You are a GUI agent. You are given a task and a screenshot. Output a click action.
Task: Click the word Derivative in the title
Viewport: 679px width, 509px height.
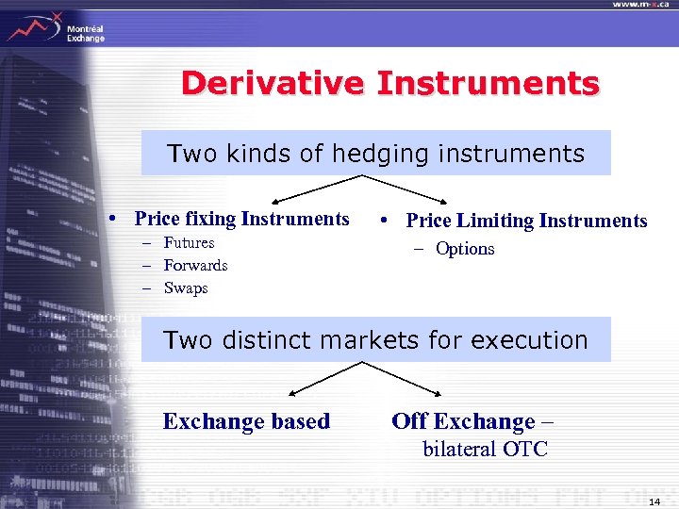coord(273,84)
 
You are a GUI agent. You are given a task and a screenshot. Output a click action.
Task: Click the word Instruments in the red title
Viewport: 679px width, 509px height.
coord(488,84)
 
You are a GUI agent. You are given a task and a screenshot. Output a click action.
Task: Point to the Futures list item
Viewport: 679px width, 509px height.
coord(189,243)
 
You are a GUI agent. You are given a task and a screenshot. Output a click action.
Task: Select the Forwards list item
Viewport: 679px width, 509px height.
coord(195,266)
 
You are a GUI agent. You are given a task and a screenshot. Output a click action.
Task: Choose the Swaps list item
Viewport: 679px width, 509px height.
coord(185,288)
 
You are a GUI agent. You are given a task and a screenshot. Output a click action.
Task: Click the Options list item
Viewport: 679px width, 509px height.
coord(465,249)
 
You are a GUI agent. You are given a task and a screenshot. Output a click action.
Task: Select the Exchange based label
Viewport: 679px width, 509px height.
coord(246,421)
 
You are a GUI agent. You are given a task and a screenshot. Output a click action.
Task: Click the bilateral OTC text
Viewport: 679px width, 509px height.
coord(485,449)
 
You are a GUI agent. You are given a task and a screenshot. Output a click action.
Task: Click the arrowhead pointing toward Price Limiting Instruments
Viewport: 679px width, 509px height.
coord(443,201)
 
